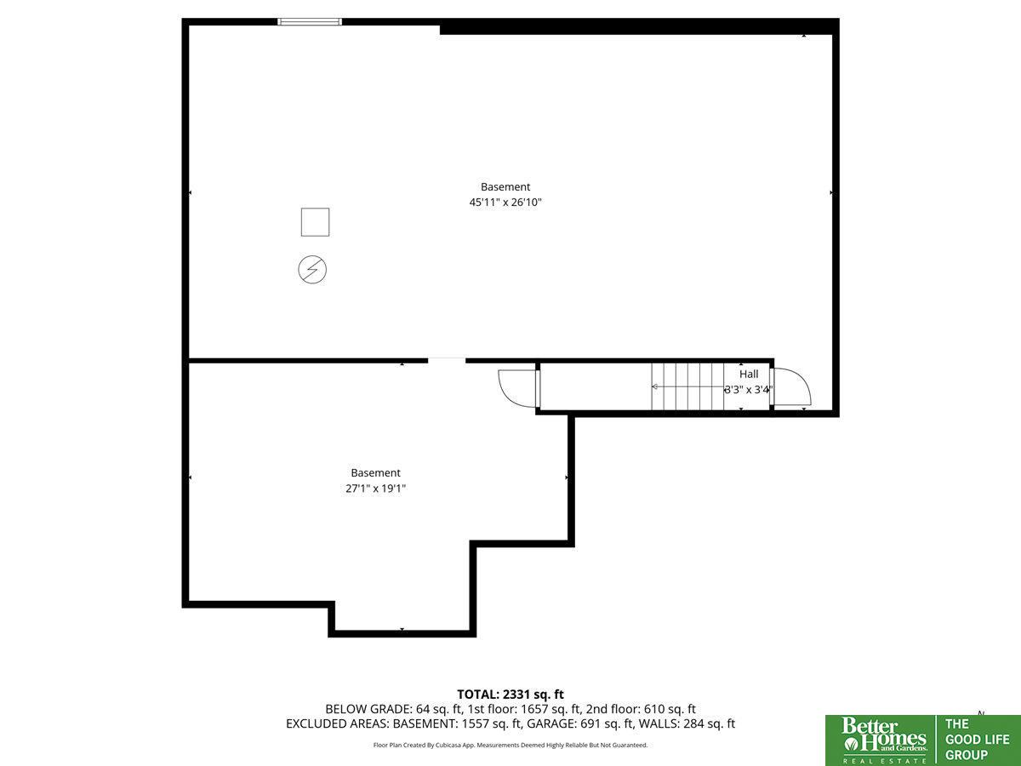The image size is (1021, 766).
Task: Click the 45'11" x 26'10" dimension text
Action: click(x=505, y=203)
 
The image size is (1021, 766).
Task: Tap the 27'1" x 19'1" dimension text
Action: click(x=375, y=489)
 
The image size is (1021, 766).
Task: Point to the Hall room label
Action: click(x=749, y=374)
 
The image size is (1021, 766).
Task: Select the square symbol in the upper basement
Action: click(x=315, y=222)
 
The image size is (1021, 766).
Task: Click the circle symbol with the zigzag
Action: click(x=312, y=270)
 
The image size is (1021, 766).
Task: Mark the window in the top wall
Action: click(x=310, y=21)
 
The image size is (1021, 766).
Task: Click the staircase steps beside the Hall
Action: click(x=687, y=386)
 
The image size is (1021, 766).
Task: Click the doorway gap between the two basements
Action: click(x=447, y=360)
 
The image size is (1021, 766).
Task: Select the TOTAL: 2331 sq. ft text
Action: click(x=510, y=695)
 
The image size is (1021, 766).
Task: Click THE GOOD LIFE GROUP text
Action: click(x=977, y=739)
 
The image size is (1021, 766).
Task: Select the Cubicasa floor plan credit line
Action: click(x=510, y=745)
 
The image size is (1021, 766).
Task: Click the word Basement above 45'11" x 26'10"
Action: click(x=505, y=187)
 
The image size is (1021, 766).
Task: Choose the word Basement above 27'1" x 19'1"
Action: click(x=375, y=473)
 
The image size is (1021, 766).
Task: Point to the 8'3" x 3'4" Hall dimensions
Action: click(x=749, y=390)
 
